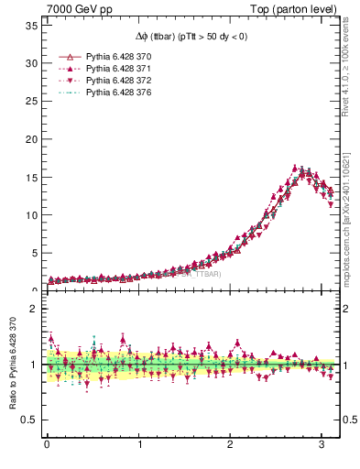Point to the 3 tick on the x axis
[x=321, y=445]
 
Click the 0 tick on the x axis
[x=47, y=445]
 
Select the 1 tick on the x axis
[x=138, y=445]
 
